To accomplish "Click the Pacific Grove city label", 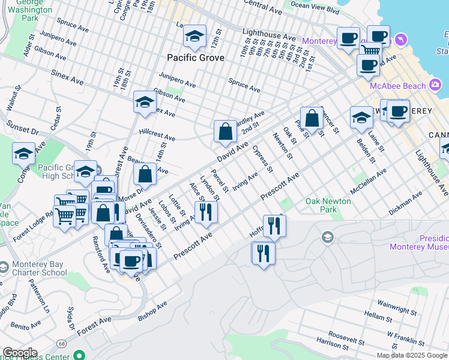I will (x=196, y=58).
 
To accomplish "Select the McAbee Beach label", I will (x=397, y=86).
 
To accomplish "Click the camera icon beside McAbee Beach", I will (x=434, y=86).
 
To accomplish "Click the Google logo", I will (x=19, y=353).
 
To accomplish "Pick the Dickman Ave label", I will (x=406, y=203).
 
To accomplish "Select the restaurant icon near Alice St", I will (x=205, y=212).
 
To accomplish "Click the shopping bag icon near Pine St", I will (x=312, y=118).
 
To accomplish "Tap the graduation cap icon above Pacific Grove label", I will (x=194, y=38).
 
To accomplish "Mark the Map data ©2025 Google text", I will (x=411, y=355).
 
